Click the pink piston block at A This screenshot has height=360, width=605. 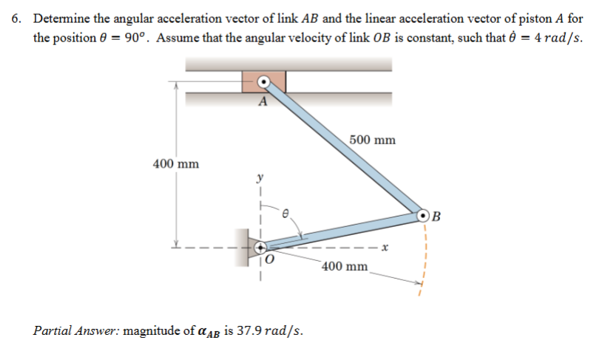(x=263, y=81)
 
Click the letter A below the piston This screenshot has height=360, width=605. (x=263, y=103)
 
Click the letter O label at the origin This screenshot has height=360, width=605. (x=269, y=260)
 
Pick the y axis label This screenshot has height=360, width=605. (x=260, y=177)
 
